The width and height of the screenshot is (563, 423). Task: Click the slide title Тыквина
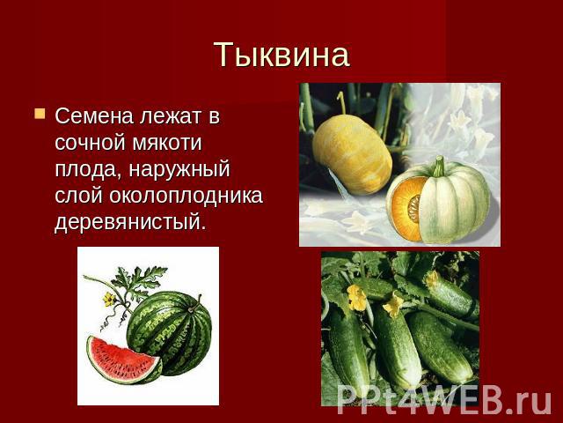tap(281, 55)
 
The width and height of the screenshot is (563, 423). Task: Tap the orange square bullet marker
tap(40, 114)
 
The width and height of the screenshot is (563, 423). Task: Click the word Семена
tap(94, 116)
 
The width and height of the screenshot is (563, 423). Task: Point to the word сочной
tap(91, 143)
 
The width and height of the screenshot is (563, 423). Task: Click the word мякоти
tap(167, 143)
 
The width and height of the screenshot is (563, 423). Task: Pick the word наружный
tap(179, 170)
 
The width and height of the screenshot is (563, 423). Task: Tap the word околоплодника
tap(186, 197)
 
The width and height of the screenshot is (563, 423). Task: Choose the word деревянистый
tap(131, 222)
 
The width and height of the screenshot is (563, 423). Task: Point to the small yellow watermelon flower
tap(109, 299)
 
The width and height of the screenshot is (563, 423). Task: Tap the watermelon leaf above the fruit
tap(138, 279)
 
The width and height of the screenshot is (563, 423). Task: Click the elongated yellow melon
tap(352, 153)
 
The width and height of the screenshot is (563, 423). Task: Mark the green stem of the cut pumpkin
tap(439, 166)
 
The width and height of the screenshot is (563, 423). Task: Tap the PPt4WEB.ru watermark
tap(444, 400)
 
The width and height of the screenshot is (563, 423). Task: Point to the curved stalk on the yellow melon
tap(342, 102)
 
